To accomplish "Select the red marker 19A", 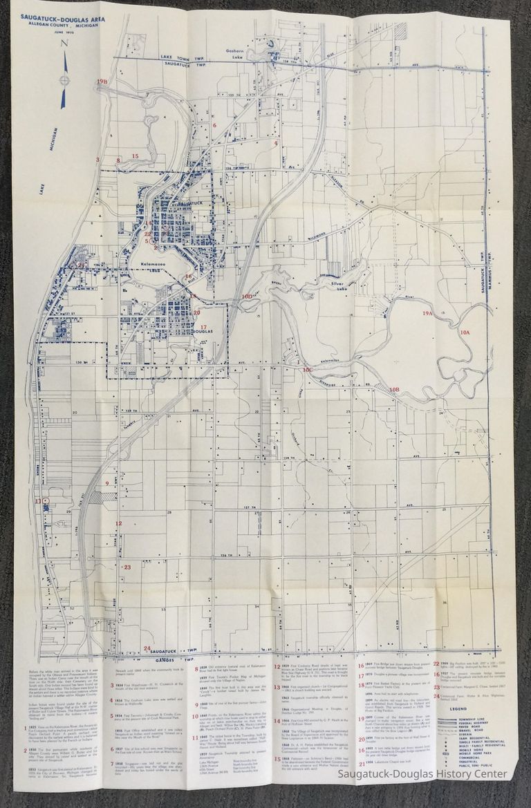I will click(427, 313).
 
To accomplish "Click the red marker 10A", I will click(464, 332).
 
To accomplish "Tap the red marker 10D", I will click(247, 296).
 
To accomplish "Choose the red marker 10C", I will click(308, 370).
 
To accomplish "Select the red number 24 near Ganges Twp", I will click(147, 648).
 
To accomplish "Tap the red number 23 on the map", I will click(127, 567).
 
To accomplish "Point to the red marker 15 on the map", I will click(136, 156).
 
